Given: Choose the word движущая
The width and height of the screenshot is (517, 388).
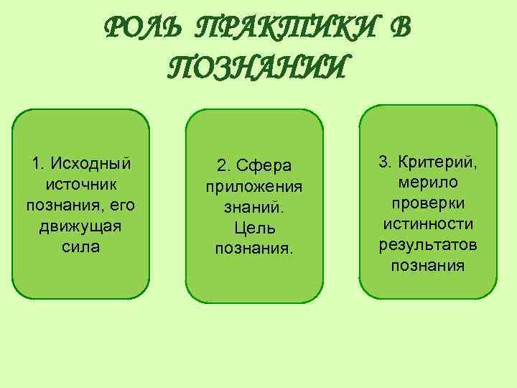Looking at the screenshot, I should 80,226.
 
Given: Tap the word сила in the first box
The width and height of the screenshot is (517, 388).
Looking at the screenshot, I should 80,247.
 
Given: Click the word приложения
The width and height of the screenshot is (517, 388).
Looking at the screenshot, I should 254,187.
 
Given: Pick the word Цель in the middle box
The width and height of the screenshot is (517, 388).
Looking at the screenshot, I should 254,228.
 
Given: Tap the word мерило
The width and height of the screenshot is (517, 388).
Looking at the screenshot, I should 428,182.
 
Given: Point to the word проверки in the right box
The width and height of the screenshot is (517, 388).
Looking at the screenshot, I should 428,203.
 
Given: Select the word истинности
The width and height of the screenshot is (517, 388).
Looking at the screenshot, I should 428,224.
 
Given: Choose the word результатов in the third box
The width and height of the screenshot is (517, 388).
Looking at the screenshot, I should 428,245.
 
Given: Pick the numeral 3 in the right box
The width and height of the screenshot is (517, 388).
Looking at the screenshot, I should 383,161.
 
